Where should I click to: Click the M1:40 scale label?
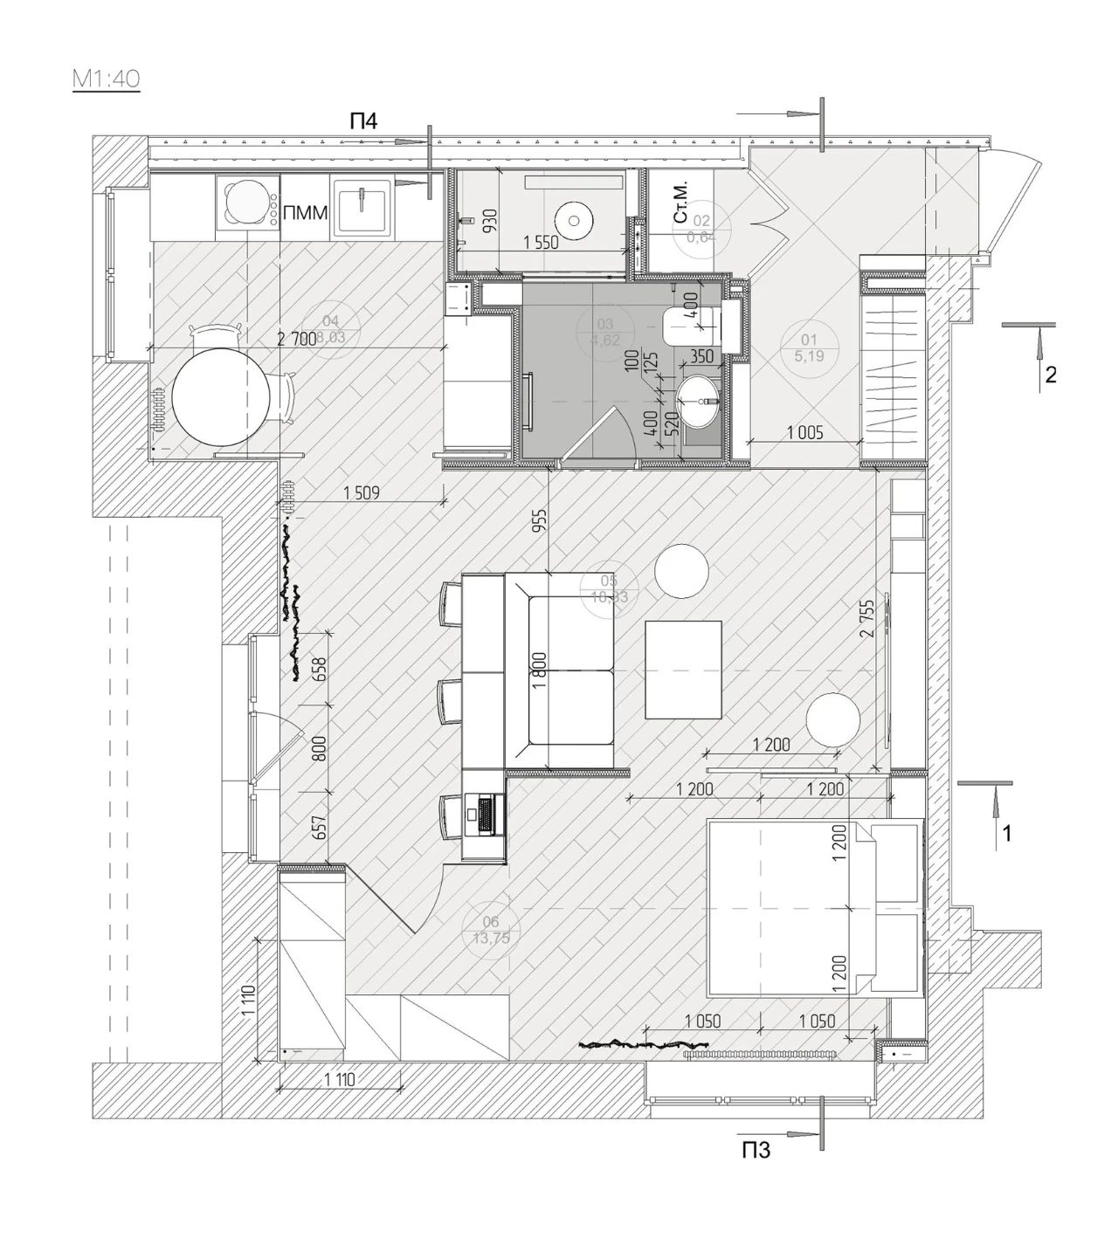(106, 79)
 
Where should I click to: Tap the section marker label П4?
(363, 122)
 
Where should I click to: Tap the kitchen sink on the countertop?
(362, 208)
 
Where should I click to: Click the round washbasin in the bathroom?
(700, 401)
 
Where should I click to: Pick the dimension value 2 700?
(296, 340)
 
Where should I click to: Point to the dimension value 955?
(540, 526)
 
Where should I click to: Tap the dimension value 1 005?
(804, 432)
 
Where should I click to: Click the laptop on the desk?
(482, 812)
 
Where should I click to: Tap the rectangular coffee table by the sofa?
(683, 669)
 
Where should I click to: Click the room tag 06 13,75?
(490, 931)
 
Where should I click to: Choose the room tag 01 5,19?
(808, 347)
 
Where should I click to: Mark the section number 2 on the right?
(1051, 375)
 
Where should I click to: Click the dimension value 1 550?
(541, 244)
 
